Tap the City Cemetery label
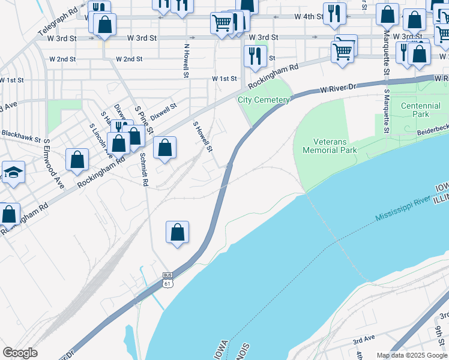(264, 100)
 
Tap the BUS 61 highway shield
(169, 279)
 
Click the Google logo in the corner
(20, 353)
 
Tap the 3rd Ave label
(364, 340)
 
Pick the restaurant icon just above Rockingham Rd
(255, 56)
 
